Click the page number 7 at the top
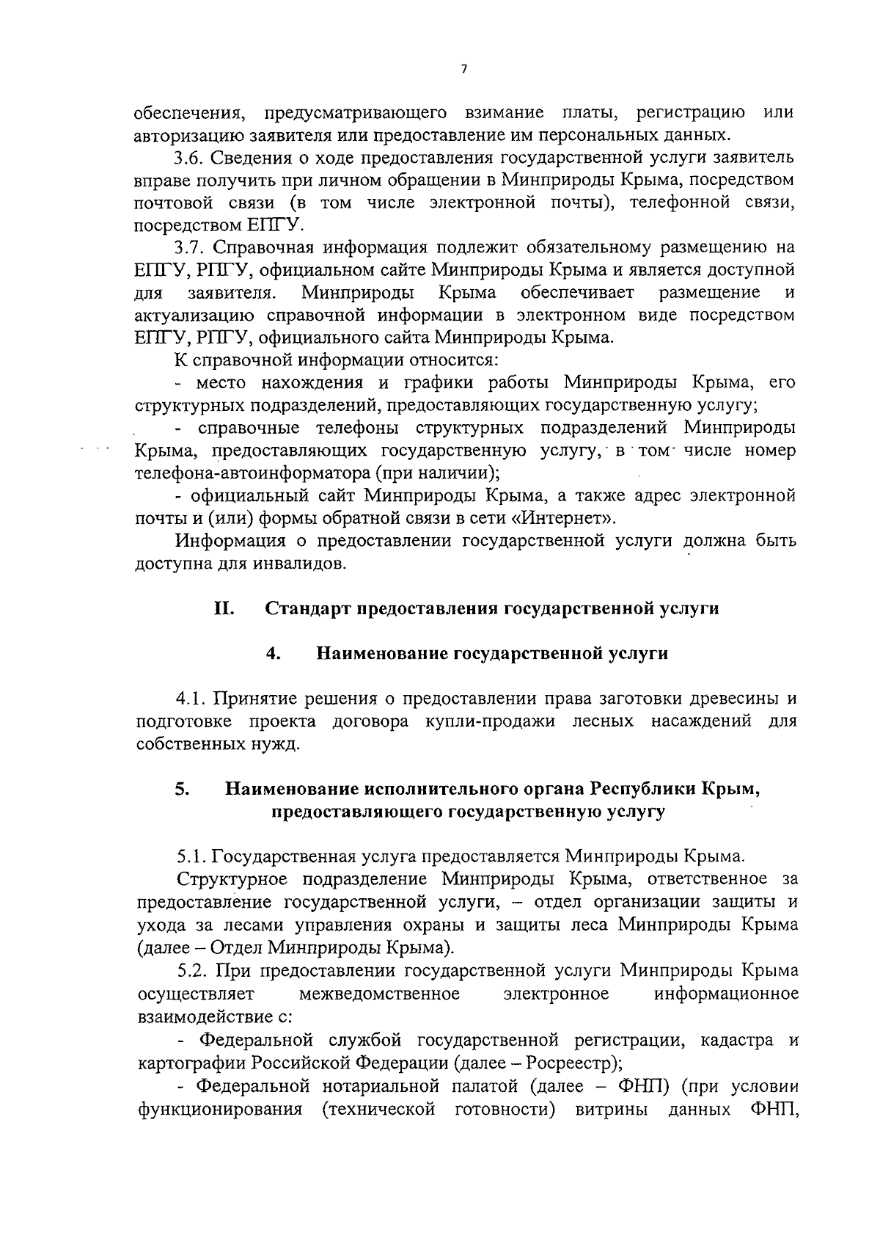463,69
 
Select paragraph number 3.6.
189,158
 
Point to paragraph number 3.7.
189,247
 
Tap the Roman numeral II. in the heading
224,608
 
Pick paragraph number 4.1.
192,699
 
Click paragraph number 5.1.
192,856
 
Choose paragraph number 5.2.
192,971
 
